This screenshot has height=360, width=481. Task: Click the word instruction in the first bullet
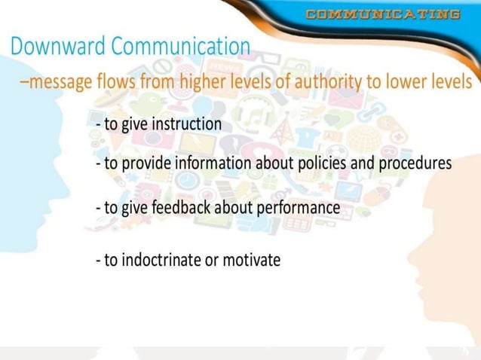(186, 124)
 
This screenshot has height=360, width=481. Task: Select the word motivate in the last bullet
(254, 261)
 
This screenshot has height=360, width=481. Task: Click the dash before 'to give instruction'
(99, 124)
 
